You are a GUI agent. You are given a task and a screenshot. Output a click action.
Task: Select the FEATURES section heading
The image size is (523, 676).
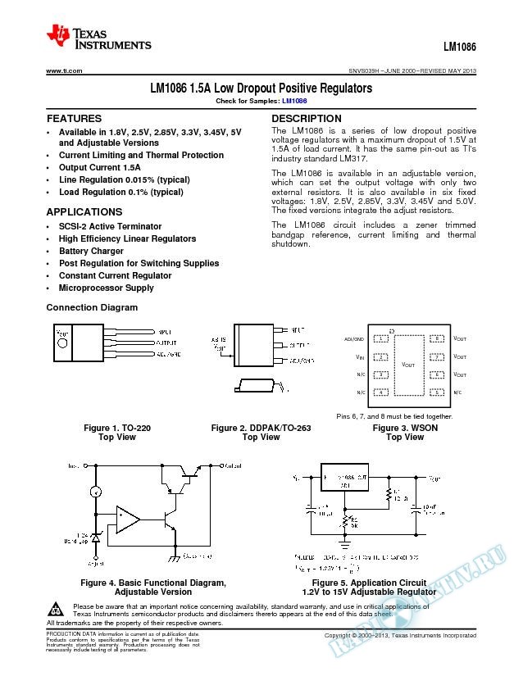(x=74, y=119)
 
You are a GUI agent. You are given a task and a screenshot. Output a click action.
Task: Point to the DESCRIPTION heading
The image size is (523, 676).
(x=306, y=119)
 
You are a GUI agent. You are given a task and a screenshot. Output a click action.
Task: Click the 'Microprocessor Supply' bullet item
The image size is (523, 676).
(x=106, y=288)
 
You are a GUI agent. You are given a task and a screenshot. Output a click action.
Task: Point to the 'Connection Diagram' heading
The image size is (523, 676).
(x=92, y=307)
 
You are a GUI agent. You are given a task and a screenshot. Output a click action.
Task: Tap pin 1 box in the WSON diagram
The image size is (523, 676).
(x=380, y=338)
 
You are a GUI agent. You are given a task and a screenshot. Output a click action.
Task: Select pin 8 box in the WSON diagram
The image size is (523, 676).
(x=439, y=338)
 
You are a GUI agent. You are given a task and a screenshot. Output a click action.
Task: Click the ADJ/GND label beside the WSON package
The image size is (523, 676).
(x=355, y=338)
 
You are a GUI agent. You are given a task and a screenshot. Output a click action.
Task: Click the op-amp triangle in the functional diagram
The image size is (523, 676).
(x=127, y=518)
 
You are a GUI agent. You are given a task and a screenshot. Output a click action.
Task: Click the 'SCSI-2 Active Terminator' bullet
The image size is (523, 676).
(x=110, y=226)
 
